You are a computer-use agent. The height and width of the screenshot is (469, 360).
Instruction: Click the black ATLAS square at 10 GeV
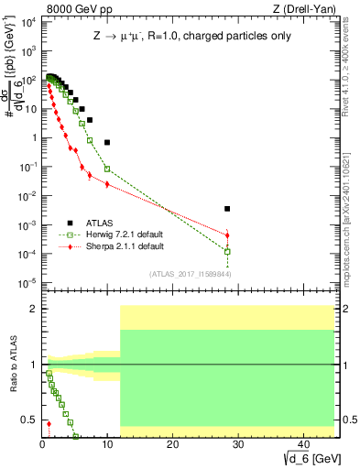(x=107, y=142)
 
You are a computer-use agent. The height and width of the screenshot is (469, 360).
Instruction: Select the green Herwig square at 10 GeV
(x=107, y=169)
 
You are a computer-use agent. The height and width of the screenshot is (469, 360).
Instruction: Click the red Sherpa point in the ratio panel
(x=49, y=423)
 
